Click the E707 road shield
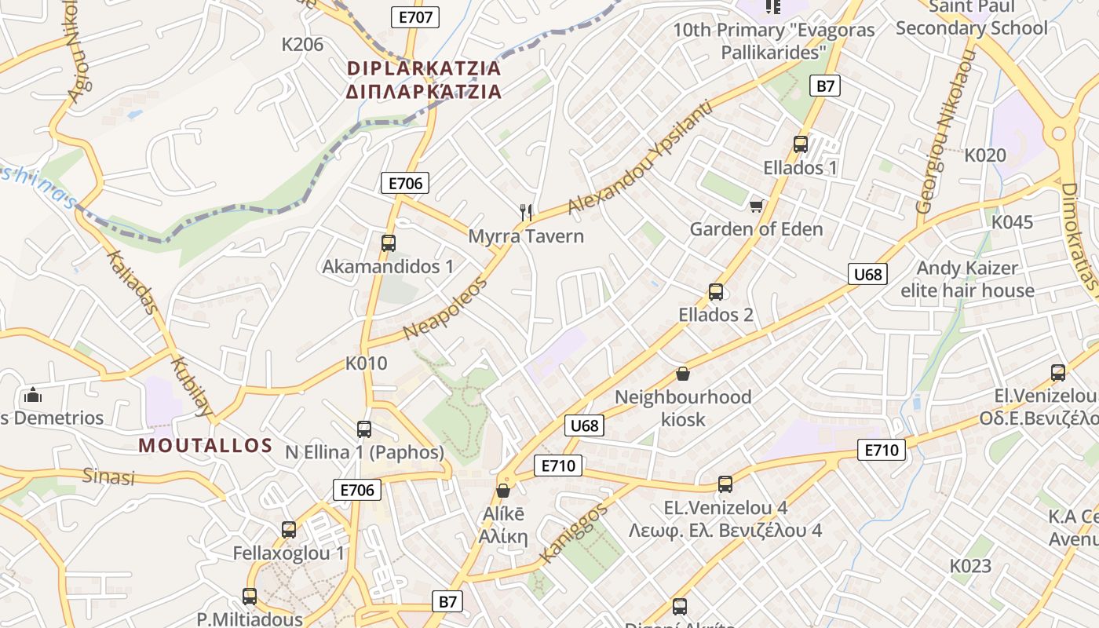414,16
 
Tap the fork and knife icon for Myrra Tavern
527,211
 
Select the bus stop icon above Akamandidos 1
388,243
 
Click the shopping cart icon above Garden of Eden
756,206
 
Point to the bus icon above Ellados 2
715,292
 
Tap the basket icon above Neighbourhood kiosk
683,374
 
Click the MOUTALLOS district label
206,446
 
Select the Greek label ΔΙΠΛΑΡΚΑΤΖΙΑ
424,92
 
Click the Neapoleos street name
445,309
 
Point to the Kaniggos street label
574,534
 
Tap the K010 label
367,363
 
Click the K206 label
302,45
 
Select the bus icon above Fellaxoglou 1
289,530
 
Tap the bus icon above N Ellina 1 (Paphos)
363,429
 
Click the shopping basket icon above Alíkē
503,491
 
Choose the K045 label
1012,222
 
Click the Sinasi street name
109,476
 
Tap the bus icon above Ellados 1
801,144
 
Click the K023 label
970,566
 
